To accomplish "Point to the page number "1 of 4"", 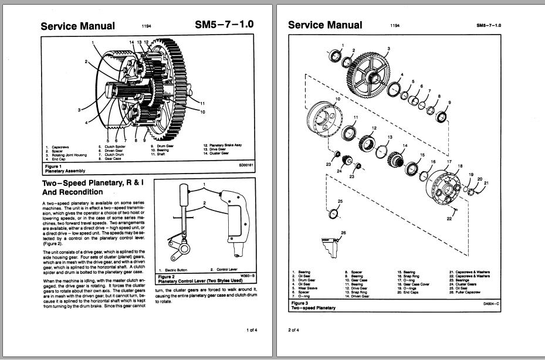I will tap(252, 330).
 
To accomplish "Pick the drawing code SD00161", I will tap(246, 166).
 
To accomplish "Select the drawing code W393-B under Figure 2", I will tap(249, 276).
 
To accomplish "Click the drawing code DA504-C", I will tap(491, 304).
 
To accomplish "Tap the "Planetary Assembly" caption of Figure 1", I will tap(65, 171).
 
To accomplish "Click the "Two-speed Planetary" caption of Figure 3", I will tap(313, 308).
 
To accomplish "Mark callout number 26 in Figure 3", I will tap(343, 233).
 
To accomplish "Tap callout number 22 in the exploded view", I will tap(449, 218).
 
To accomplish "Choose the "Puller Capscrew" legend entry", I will tap(469, 291).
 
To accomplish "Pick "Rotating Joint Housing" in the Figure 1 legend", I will tap(66, 155).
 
